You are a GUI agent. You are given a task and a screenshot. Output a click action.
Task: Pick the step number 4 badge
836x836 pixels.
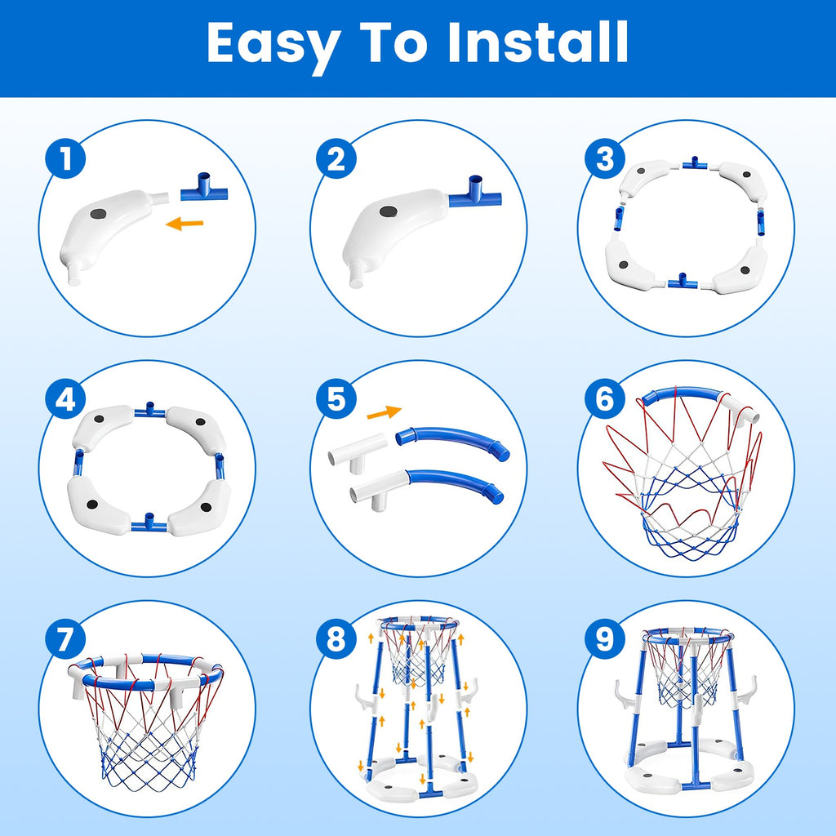65,400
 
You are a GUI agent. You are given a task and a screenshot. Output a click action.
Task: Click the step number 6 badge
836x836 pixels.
604,400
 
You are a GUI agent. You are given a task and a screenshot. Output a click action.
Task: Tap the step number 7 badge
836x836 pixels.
65,640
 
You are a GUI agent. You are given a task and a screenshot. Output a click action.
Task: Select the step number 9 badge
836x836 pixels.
604,640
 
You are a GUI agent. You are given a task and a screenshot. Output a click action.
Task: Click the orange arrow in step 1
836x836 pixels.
184,222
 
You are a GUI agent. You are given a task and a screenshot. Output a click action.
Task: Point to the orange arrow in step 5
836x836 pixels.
384,412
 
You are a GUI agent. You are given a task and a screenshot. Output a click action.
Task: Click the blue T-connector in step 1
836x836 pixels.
202,191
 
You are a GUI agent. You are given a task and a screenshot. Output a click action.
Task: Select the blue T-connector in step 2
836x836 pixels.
474,193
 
